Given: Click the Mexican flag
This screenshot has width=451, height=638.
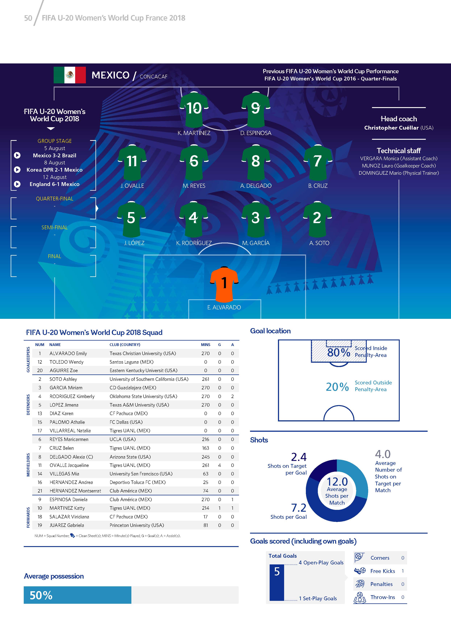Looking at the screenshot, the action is click(70, 75).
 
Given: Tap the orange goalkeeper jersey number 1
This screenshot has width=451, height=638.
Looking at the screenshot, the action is click(224, 284).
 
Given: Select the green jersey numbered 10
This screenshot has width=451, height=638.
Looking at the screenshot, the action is click(194, 109).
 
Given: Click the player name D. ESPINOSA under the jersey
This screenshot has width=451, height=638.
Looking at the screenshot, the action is click(256, 133).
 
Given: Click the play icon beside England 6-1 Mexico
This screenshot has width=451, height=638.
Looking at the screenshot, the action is click(17, 184).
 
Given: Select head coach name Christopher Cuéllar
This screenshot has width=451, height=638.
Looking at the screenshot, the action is click(391, 128).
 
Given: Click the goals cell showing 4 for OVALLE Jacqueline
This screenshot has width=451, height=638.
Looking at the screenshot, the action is click(219, 465).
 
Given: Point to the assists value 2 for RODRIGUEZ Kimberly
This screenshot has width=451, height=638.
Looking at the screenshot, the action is click(232, 396).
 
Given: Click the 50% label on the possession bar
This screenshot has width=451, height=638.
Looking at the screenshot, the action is click(41, 595).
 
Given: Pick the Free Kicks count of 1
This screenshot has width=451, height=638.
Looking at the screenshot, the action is click(403, 571).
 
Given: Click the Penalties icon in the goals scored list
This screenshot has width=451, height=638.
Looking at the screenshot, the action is click(360, 584).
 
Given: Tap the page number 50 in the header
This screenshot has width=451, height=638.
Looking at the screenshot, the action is click(28, 18).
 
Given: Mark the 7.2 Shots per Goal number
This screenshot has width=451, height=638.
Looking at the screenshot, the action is click(299, 508).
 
